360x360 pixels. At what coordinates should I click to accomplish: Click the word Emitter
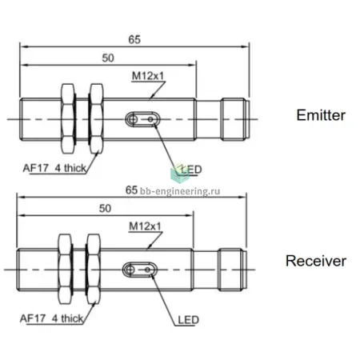tap(321, 115)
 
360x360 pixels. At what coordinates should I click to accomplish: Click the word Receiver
tap(316, 261)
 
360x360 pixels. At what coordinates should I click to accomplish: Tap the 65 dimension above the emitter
tap(134, 39)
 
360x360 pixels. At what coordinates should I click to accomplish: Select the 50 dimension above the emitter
tap(108, 58)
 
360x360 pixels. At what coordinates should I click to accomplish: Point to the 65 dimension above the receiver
tap(131, 190)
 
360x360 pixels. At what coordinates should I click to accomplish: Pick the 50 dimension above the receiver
tap(105, 208)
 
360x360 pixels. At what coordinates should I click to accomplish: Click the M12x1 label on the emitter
tap(148, 76)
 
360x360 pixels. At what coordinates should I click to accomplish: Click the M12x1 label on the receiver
tap(145, 226)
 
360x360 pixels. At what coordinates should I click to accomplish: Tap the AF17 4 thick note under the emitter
tap(54, 168)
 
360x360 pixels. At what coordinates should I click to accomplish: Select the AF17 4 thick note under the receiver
tap(51, 318)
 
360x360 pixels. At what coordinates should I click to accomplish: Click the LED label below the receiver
tap(189, 320)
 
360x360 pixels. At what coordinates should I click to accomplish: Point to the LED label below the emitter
tap(191, 170)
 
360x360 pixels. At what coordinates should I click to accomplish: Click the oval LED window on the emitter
tap(142, 119)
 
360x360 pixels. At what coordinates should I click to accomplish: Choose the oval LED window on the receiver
tap(140, 270)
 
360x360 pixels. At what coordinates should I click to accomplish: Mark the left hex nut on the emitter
tap(68, 119)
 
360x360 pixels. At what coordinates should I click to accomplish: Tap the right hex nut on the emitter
tap(96, 119)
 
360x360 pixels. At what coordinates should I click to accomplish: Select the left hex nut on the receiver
tap(65, 269)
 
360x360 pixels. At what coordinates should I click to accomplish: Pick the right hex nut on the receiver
tap(94, 269)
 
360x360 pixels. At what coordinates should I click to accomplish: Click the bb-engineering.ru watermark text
tap(180, 191)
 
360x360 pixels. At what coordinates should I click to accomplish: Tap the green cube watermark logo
tap(180, 174)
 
